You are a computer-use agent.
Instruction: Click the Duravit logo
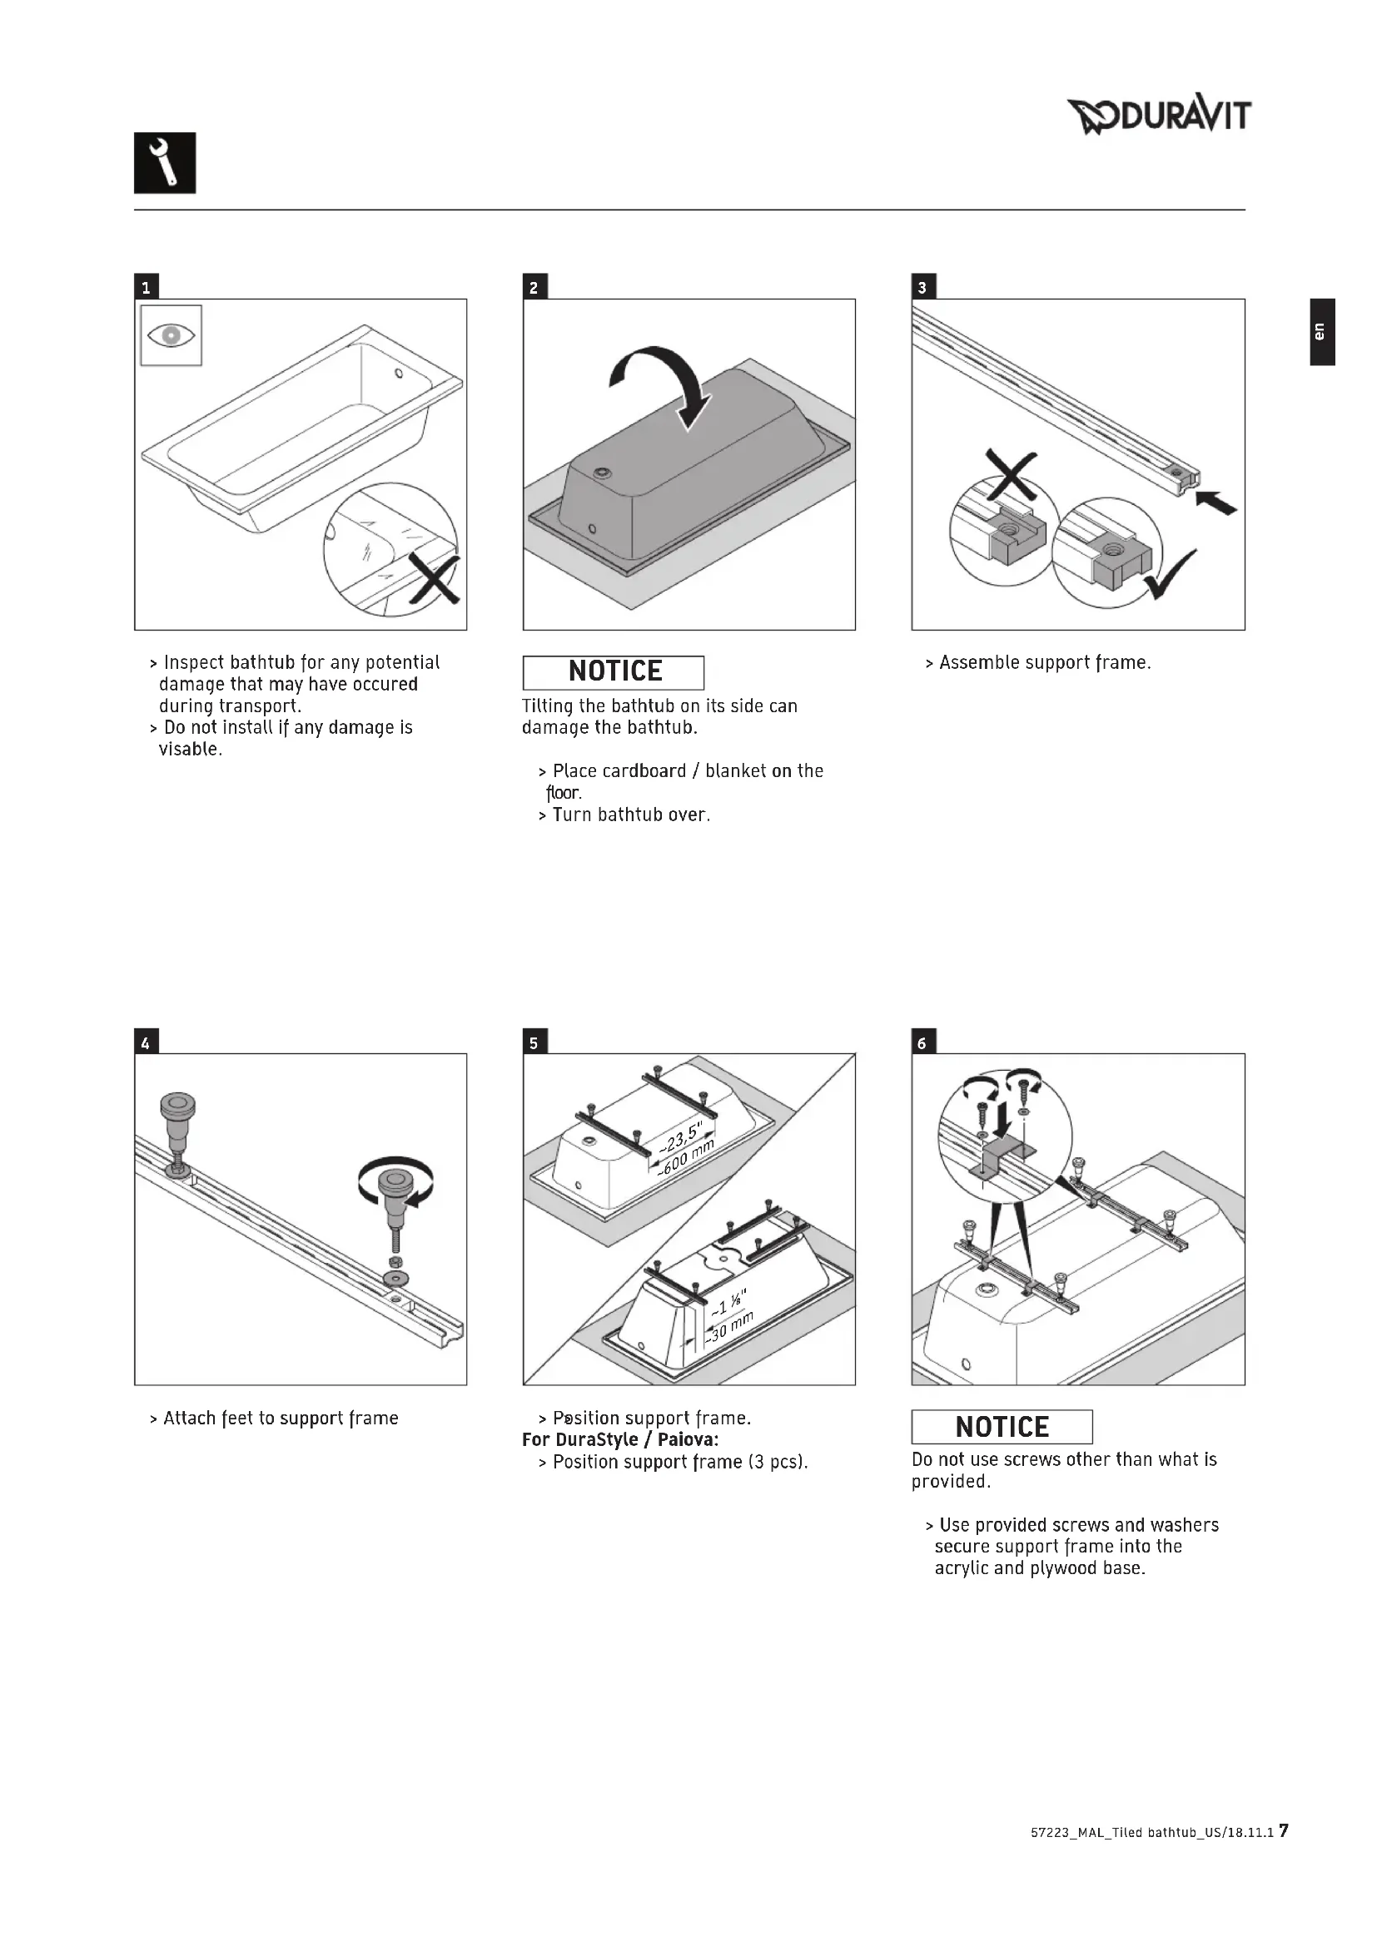1158,116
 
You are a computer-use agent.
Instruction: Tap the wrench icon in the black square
166,163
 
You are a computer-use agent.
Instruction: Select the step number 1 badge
146,287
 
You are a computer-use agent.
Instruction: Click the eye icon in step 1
172,335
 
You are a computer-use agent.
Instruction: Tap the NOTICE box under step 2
613,672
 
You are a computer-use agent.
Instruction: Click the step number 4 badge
146,1042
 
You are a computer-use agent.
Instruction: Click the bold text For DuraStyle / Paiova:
621,1440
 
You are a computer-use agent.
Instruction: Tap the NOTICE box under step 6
1002,1428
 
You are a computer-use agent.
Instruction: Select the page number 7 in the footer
1283,1855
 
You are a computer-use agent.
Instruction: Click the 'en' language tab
1320,331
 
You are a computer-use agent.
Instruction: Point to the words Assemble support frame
1045,663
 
